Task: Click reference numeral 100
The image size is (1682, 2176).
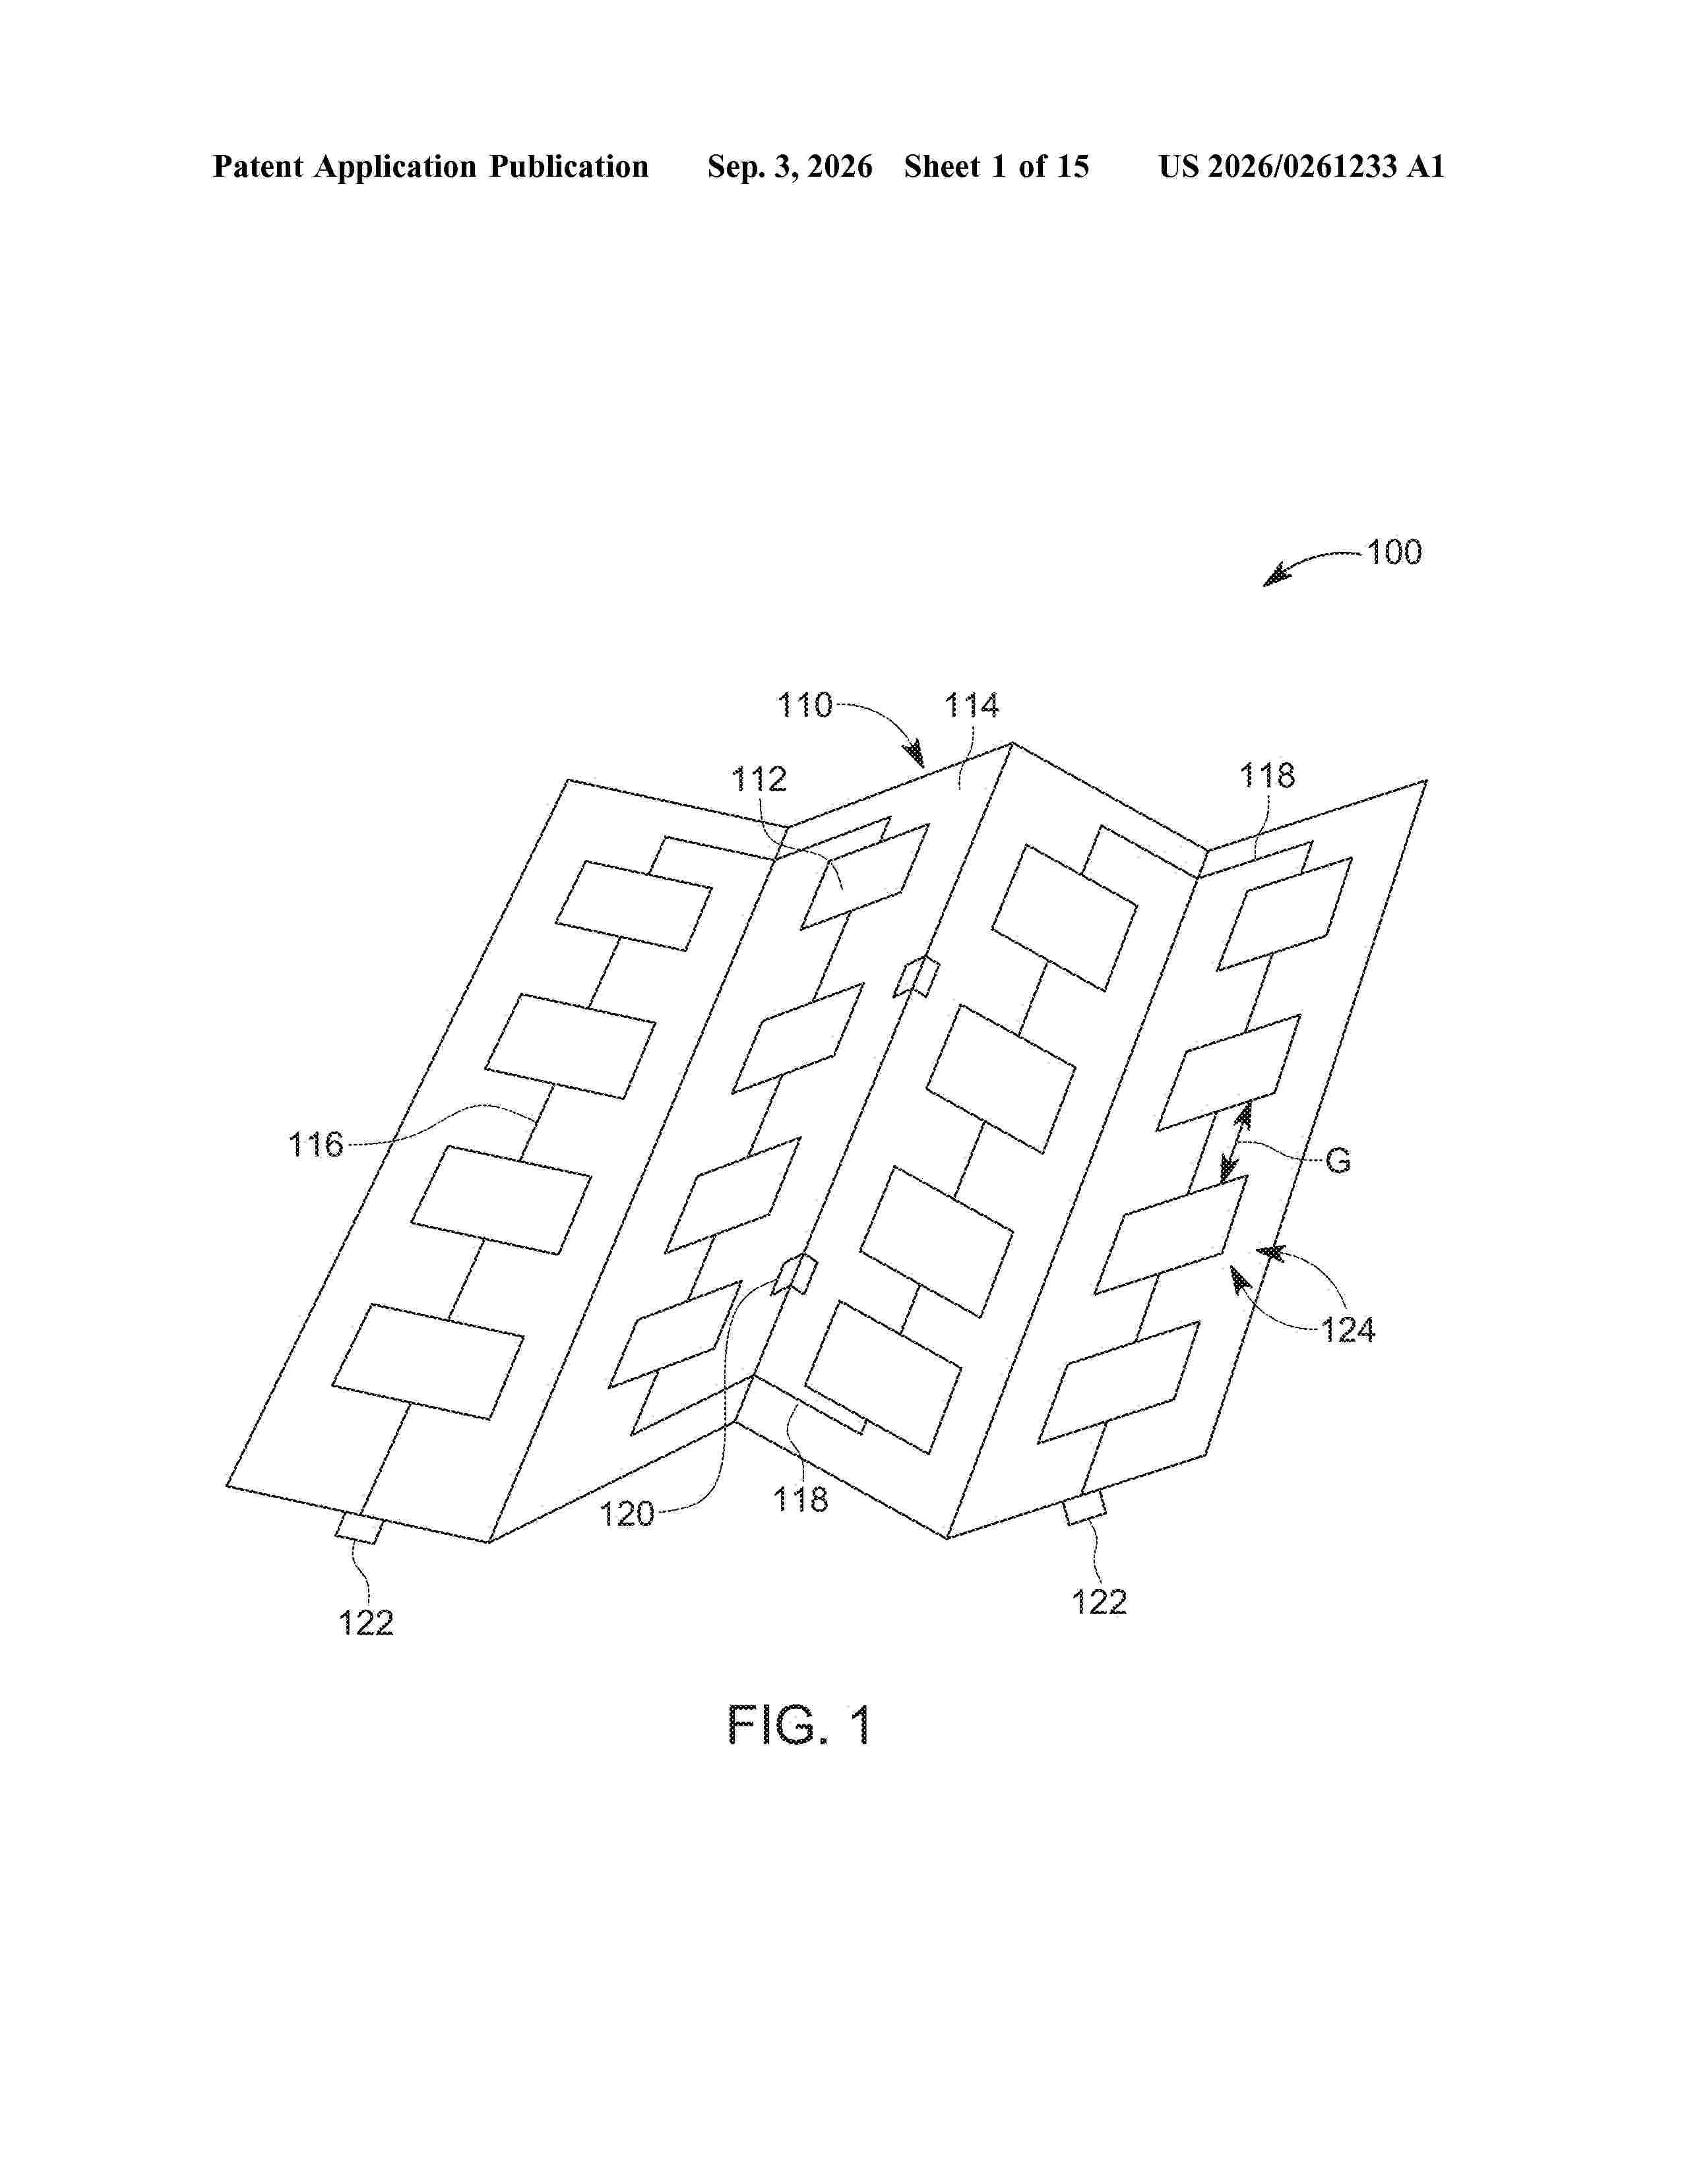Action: pyautogui.click(x=1393, y=553)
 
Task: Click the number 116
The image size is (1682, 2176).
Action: pyautogui.click(x=316, y=1145)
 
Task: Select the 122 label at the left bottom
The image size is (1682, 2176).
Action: pyautogui.click(x=365, y=1623)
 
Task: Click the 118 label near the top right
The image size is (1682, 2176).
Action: pyautogui.click(x=1266, y=775)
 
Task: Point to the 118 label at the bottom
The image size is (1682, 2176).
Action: pyautogui.click(x=800, y=1499)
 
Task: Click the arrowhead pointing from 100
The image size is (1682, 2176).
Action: pyautogui.click(x=1276, y=576)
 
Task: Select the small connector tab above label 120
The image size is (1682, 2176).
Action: pyautogui.click(x=798, y=1275)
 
